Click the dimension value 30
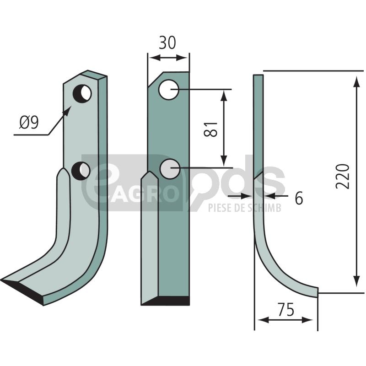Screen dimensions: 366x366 [x=167, y=43]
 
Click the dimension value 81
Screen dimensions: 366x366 [x=210, y=129]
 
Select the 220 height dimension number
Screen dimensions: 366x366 [x=342, y=173]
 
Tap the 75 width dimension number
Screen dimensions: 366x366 [x=286, y=310]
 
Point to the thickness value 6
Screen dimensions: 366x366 [x=299, y=198]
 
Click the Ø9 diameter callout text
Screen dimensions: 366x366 [x=29, y=123]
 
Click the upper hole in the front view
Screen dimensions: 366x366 [x=169, y=90]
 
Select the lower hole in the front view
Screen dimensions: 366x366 [x=170, y=169]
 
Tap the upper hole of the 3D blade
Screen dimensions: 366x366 [x=82, y=94]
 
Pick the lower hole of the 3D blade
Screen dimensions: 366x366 [x=81, y=170]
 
